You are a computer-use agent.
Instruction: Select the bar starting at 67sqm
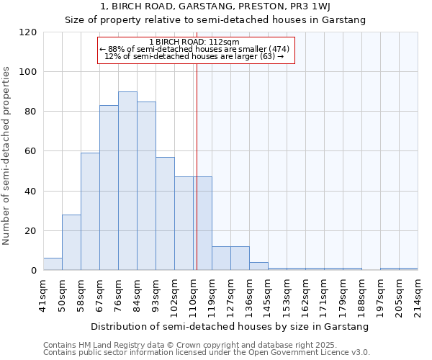[x=109, y=188]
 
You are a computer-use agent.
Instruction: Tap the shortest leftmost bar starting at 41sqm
[x=53, y=264]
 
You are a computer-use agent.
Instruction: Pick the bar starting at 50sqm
[x=71, y=243]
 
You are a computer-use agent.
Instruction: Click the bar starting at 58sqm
[x=90, y=212]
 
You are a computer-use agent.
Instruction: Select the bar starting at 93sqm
[x=165, y=214]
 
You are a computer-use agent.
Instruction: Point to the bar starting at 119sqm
[x=221, y=258]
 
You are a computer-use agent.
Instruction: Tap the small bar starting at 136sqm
[x=258, y=266]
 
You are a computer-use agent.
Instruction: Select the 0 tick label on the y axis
[x=34, y=271]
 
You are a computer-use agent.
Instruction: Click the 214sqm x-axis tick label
[x=418, y=294]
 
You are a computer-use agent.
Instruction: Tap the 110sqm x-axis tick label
[x=193, y=294]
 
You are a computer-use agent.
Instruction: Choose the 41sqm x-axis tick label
[x=43, y=294]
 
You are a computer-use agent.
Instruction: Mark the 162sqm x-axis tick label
[x=305, y=294]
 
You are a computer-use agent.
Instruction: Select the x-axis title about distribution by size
[x=230, y=326]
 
